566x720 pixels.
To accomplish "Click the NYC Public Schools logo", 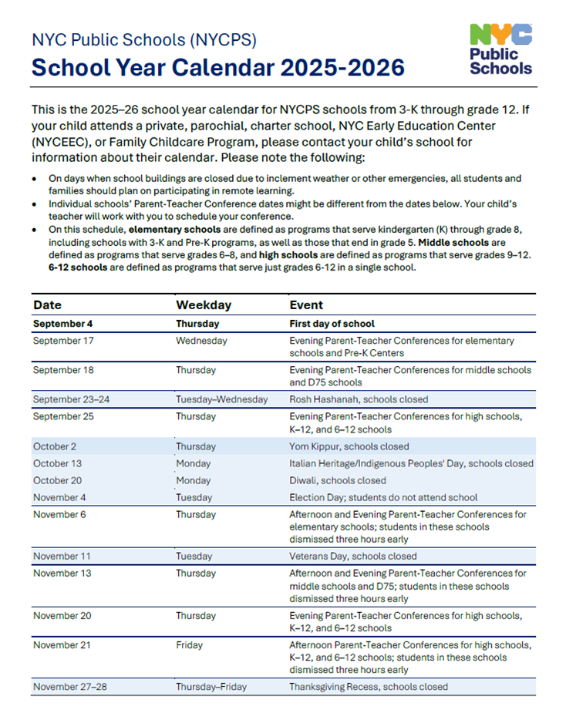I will pyautogui.click(x=500, y=49).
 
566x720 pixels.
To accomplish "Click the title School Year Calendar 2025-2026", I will pyautogui.click(x=218, y=68).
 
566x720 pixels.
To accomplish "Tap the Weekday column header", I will pyautogui.click(x=204, y=304).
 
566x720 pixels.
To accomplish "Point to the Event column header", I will pyautogui.click(x=306, y=304).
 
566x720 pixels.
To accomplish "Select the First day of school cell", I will pyautogui.click(x=332, y=324).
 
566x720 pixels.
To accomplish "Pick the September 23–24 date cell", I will pyautogui.click(x=72, y=399).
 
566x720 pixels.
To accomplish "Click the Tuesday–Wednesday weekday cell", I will pyautogui.click(x=221, y=399).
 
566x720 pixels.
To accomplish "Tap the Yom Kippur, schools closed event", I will pyautogui.click(x=349, y=446).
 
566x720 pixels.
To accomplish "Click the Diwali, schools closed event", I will pyautogui.click(x=338, y=480).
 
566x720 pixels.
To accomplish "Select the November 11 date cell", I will pyautogui.click(x=61, y=556).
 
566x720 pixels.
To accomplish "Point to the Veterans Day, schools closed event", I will pyautogui.click(x=353, y=556).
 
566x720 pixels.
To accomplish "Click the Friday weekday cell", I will pyautogui.click(x=189, y=644).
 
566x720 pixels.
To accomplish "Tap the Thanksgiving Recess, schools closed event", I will pyautogui.click(x=368, y=686).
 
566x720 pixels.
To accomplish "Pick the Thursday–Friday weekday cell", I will pyautogui.click(x=210, y=686).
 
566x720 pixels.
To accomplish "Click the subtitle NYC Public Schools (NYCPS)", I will pyautogui.click(x=143, y=39).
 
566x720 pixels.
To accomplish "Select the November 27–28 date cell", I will pyautogui.click(x=71, y=686).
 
